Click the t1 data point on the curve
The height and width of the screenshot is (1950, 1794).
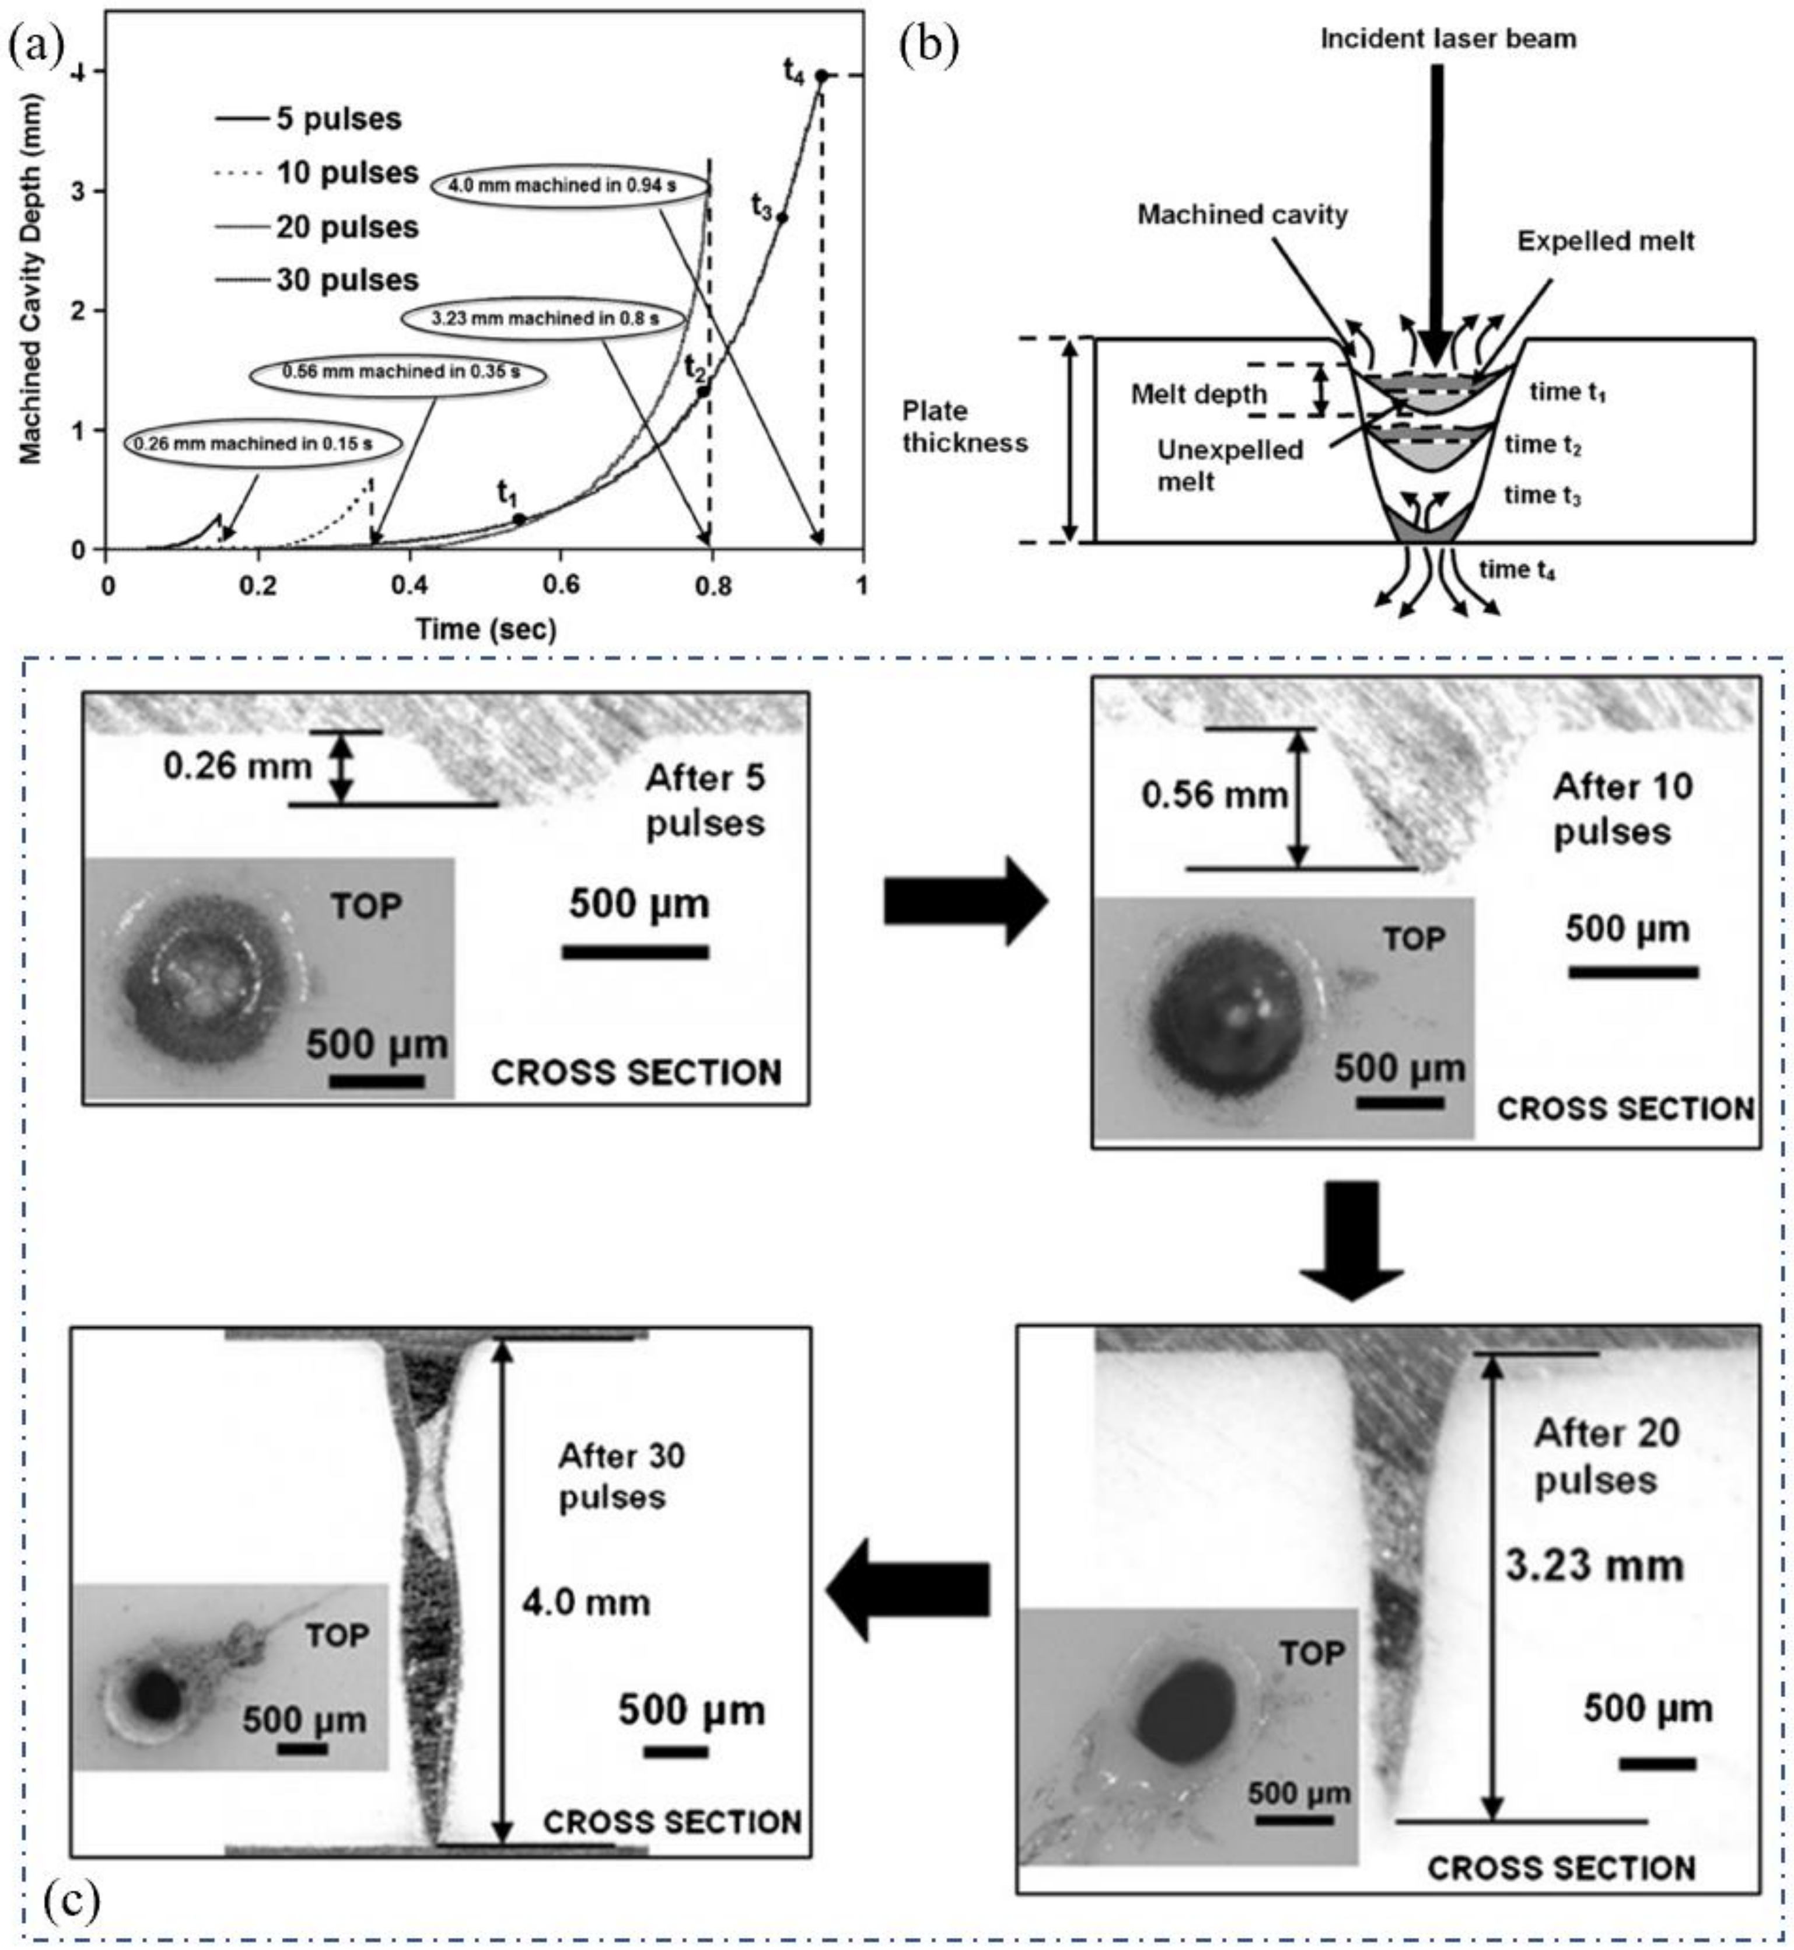519,519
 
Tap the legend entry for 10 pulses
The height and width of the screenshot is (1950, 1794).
347,173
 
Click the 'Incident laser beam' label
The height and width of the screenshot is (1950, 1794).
1447,39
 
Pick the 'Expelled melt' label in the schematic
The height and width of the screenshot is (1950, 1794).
1606,241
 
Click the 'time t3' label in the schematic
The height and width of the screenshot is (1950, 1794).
1543,496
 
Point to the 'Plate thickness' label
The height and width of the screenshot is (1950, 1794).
964,426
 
